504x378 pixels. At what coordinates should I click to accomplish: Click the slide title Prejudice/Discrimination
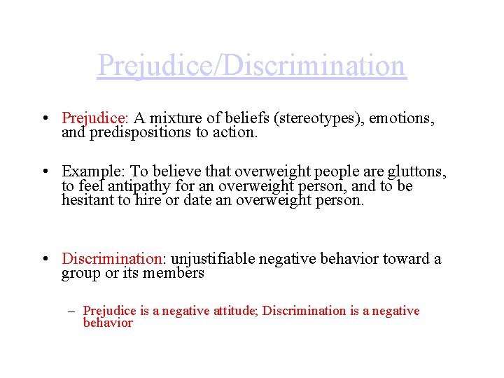pos(251,66)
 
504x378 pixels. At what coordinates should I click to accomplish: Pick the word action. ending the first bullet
pos(237,132)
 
